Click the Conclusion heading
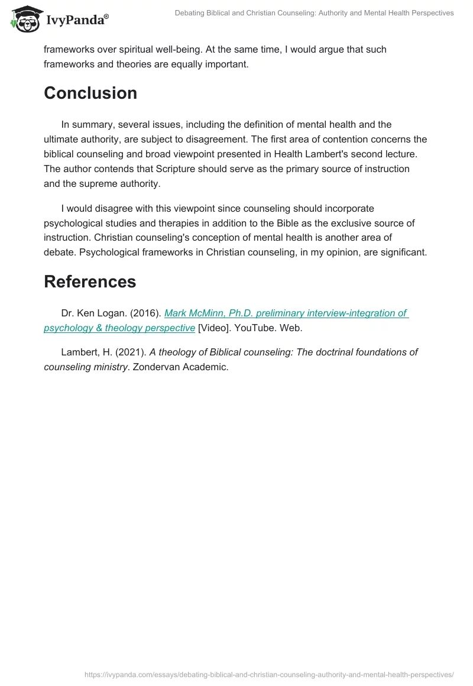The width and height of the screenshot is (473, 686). (90, 93)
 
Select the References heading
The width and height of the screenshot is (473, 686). (90, 281)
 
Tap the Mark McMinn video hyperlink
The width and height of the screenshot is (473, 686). (286, 313)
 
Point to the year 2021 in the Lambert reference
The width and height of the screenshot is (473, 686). (132, 352)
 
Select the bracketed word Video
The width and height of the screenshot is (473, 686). (215, 328)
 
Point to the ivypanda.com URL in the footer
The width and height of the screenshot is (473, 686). (268, 674)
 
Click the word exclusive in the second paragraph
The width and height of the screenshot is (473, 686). (364, 223)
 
